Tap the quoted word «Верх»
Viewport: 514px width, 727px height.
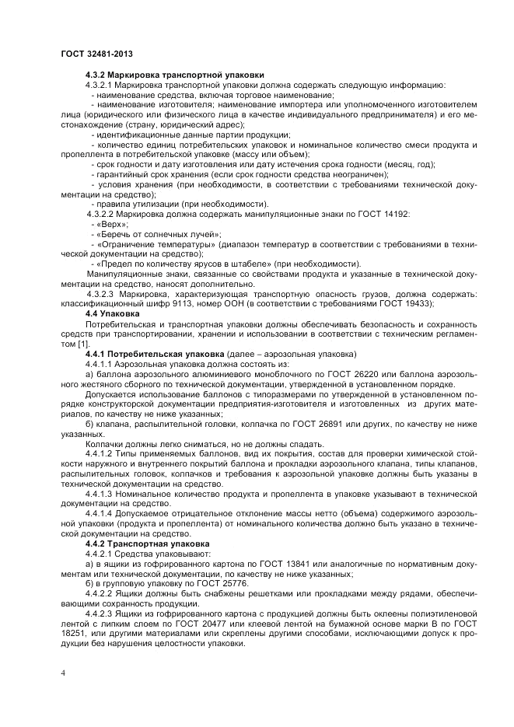107,223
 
